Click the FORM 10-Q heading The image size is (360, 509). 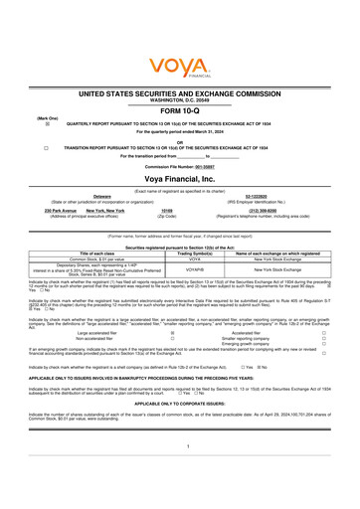[180, 110]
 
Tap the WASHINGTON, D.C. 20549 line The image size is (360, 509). [180, 97]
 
